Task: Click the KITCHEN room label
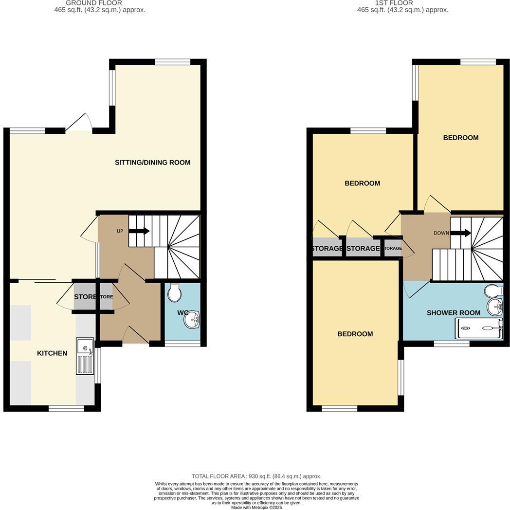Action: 52,353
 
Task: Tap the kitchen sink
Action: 85,356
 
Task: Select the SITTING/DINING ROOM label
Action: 152,163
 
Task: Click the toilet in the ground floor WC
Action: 174,293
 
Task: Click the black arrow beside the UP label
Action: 139,231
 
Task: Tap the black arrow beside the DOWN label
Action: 460,233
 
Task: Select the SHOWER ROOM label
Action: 453,312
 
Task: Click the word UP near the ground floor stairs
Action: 120,231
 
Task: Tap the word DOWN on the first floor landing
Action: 441,233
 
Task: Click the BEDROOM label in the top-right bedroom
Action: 460,138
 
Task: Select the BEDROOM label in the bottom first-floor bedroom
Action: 355,334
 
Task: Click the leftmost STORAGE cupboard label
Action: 327,249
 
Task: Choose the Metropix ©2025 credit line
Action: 256,507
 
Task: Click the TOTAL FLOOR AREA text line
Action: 256,476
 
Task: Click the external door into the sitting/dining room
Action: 79,124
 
